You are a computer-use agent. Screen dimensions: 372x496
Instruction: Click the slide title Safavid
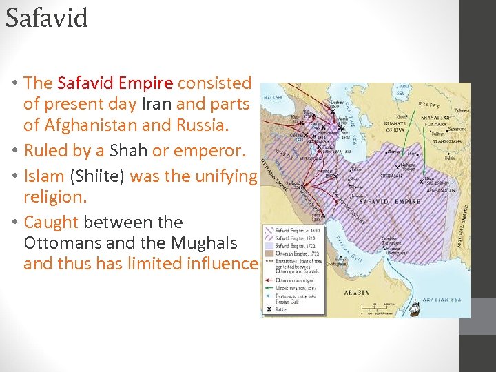[47, 18]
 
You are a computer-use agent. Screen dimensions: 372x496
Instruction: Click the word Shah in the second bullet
[129, 150]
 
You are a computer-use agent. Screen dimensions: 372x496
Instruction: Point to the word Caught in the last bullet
[51, 222]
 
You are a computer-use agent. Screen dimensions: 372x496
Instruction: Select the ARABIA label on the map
[356, 291]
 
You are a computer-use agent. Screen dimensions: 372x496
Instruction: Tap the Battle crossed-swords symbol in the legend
[269, 310]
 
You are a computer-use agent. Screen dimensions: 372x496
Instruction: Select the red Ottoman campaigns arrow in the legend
[269, 281]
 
